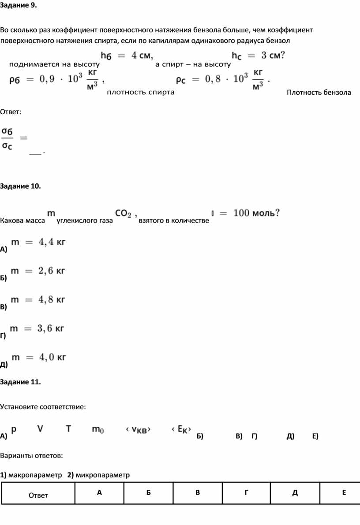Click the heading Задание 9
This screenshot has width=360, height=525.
point(19,5)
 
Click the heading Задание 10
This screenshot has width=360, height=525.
point(20,186)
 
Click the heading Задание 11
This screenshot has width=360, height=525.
point(20,382)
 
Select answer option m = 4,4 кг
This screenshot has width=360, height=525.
point(38,242)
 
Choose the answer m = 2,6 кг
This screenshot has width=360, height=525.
point(38,271)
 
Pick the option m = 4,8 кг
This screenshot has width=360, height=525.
point(38,299)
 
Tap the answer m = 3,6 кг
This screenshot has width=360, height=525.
point(37,328)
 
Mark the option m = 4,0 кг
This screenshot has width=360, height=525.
point(39,357)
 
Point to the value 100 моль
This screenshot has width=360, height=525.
point(256,213)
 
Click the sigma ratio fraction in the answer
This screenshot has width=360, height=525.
point(7,138)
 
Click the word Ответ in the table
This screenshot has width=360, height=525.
point(38,495)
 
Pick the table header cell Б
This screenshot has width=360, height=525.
point(149,492)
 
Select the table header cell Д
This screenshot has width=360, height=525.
point(295,492)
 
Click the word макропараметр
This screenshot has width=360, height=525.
point(35,475)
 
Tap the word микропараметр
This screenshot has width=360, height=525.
point(102,475)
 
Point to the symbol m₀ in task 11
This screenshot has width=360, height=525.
point(98,429)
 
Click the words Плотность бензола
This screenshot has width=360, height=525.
point(319,93)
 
